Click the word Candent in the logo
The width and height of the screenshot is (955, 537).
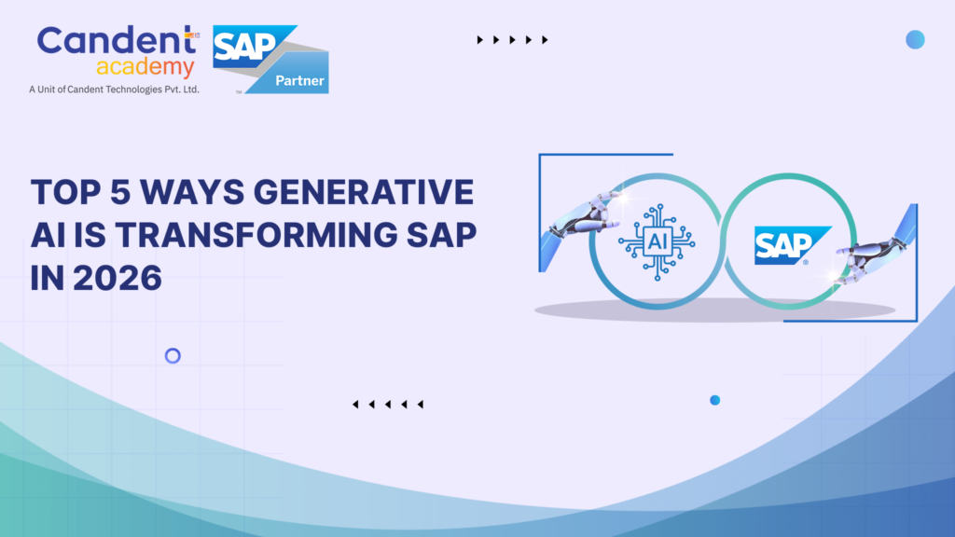pyautogui.click(x=110, y=42)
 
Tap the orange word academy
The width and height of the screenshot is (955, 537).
pyautogui.click(x=145, y=68)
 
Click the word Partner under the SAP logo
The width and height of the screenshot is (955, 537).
pyautogui.click(x=300, y=81)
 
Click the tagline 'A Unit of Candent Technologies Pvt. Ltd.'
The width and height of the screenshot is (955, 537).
pyautogui.click(x=115, y=89)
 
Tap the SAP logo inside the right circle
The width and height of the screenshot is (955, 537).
pyautogui.click(x=791, y=244)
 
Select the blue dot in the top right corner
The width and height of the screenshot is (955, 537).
pyautogui.click(x=915, y=39)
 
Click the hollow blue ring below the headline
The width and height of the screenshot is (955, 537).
pyautogui.click(x=173, y=355)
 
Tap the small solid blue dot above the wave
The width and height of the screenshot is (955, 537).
pyautogui.click(x=715, y=400)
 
